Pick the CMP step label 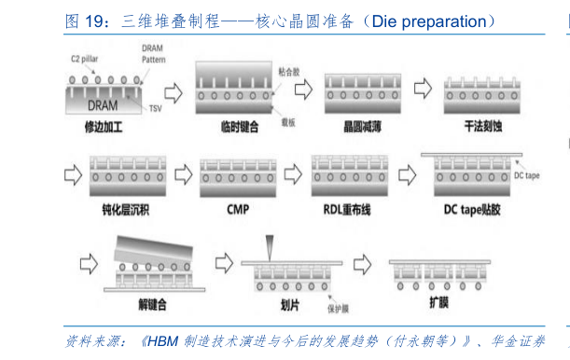238,209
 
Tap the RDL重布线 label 347,209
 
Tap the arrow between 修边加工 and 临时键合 172,92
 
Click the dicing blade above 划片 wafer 267,246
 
